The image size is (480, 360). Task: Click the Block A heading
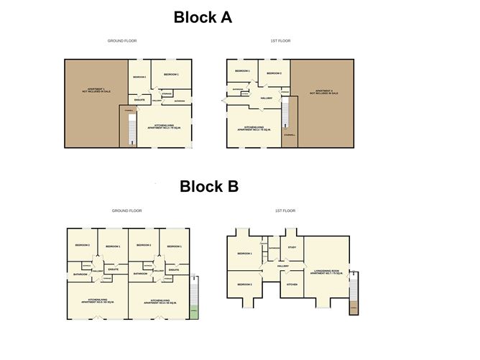pyautogui.click(x=202, y=18)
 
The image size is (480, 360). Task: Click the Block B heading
pyautogui.click(x=208, y=187)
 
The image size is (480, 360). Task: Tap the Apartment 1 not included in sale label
pyautogui.click(x=92, y=91)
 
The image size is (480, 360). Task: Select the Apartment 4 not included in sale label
pyautogui.click(x=323, y=92)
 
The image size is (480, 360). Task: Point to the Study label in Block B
pyautogui.click(x=292, y=248)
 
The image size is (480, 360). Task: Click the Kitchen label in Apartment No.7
pyautogui.click(x=292, y=285)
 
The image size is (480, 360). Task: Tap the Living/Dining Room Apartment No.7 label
pyautogui.click(x=326, y=272)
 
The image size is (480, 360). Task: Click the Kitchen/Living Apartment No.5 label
pyautogui.click(x=98, y=300)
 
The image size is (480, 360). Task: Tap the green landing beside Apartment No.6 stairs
pyautogui.click(x=195, y=312)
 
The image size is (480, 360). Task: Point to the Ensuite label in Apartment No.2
pyautogui.click(x=139, y=100)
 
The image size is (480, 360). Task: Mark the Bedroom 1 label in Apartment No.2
pyautogui.click(x=170, y=75)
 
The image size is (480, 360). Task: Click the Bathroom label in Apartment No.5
pyautogui.click(x=80, y=274)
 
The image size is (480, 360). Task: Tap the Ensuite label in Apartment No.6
pyautogui.click(x=173, y=269)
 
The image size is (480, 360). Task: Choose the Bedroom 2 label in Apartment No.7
pyautogui.click(x=244, y=285)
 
